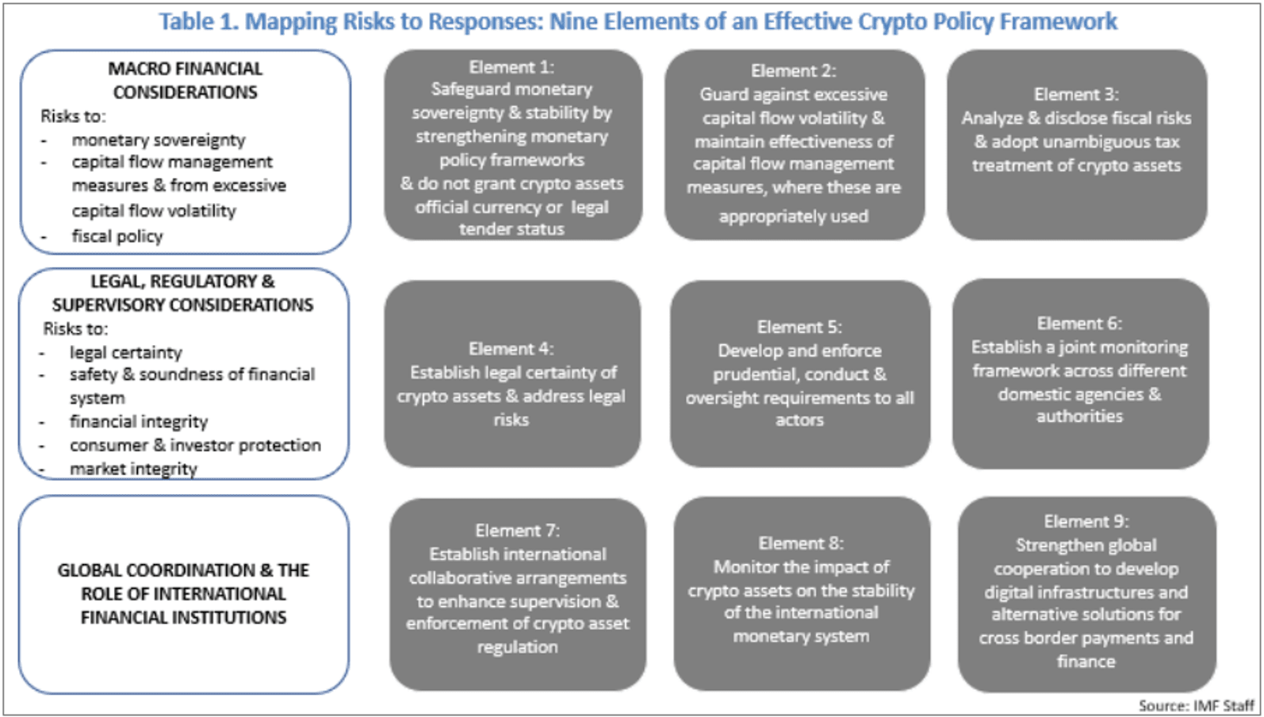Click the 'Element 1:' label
[511, 67]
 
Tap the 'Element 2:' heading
[794, 71]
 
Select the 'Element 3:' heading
[1076, 94]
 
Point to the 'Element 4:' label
[511, 349]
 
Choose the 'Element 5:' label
[799, 327]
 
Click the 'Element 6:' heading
[1079, 324]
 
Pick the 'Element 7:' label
[518, 531]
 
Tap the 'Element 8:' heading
[801, 543]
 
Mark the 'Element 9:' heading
[1086, 521]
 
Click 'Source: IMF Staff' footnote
[1196, 706]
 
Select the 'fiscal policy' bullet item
[117, 236]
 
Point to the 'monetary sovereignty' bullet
[159, 140]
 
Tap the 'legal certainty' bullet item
[126, 353]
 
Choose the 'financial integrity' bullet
[139, 422]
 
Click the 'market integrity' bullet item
[134, 470]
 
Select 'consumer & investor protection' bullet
[195, 446]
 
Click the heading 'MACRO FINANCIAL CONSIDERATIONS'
[185, 80]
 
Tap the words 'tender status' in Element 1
[511, 229]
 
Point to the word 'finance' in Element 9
[1086, 661]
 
